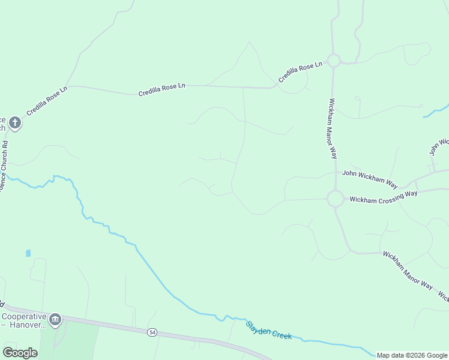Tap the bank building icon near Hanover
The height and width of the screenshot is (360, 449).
[x=55, y=319]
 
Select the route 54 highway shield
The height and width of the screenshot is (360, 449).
[x=152, y=332]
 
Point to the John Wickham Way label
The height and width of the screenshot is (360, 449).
[x=370, y=178]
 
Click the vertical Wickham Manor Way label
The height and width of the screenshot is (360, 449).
[x=332, y=128]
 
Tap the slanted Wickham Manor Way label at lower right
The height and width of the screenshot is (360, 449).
[x=408, y=270]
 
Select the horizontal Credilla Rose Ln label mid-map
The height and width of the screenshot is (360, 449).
[x=161, y=89]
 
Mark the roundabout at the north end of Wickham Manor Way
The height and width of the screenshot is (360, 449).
[x=334, y=60]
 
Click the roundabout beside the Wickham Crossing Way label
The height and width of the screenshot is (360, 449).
[x=335, y=199]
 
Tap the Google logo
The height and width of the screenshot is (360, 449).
[x=20, y=352]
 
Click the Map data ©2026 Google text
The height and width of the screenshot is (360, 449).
[x=412, y=355]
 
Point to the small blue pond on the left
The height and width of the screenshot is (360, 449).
[x=28, y=253]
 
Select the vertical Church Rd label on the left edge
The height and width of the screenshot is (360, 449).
[x=4, y=162]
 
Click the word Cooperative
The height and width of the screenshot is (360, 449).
[x=24, y=316]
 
